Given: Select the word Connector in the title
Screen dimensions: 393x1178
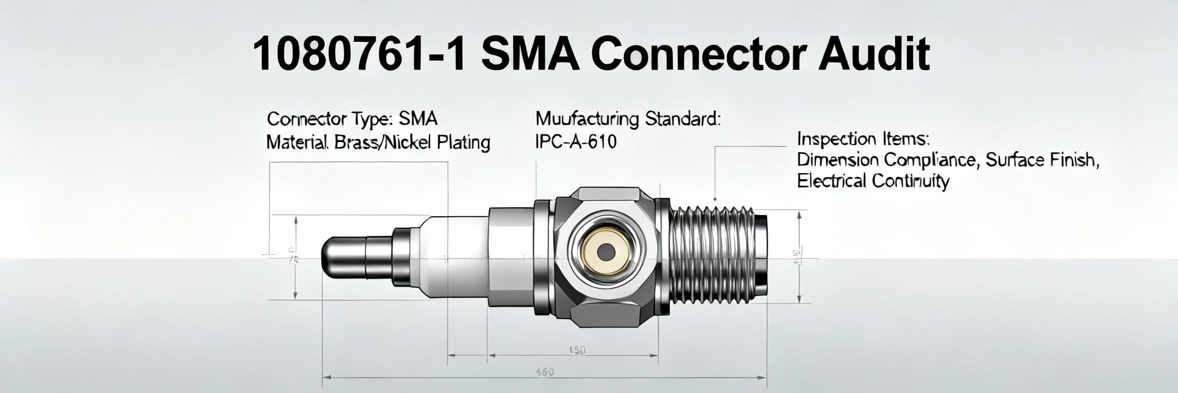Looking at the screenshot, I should pos(697,54).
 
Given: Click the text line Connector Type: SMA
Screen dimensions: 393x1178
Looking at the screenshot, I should pos(352,119).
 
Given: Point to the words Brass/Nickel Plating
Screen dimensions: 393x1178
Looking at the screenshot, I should pos(412,142).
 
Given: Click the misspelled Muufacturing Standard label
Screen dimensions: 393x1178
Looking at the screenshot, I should pos(628,119).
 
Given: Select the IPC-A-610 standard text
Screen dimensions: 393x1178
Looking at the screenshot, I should pos(576,142).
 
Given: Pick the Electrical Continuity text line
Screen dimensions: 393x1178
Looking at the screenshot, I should pos(872,181).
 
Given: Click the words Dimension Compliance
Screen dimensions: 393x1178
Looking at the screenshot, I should pos(886,160).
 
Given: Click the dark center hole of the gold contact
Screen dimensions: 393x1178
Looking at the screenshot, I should pos(606,251).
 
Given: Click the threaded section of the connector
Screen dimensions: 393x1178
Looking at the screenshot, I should pos(712,255).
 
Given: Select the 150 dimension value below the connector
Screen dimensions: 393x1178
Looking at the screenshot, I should pos(577,350).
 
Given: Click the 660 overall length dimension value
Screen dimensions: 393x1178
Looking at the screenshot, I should pos(545,372).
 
